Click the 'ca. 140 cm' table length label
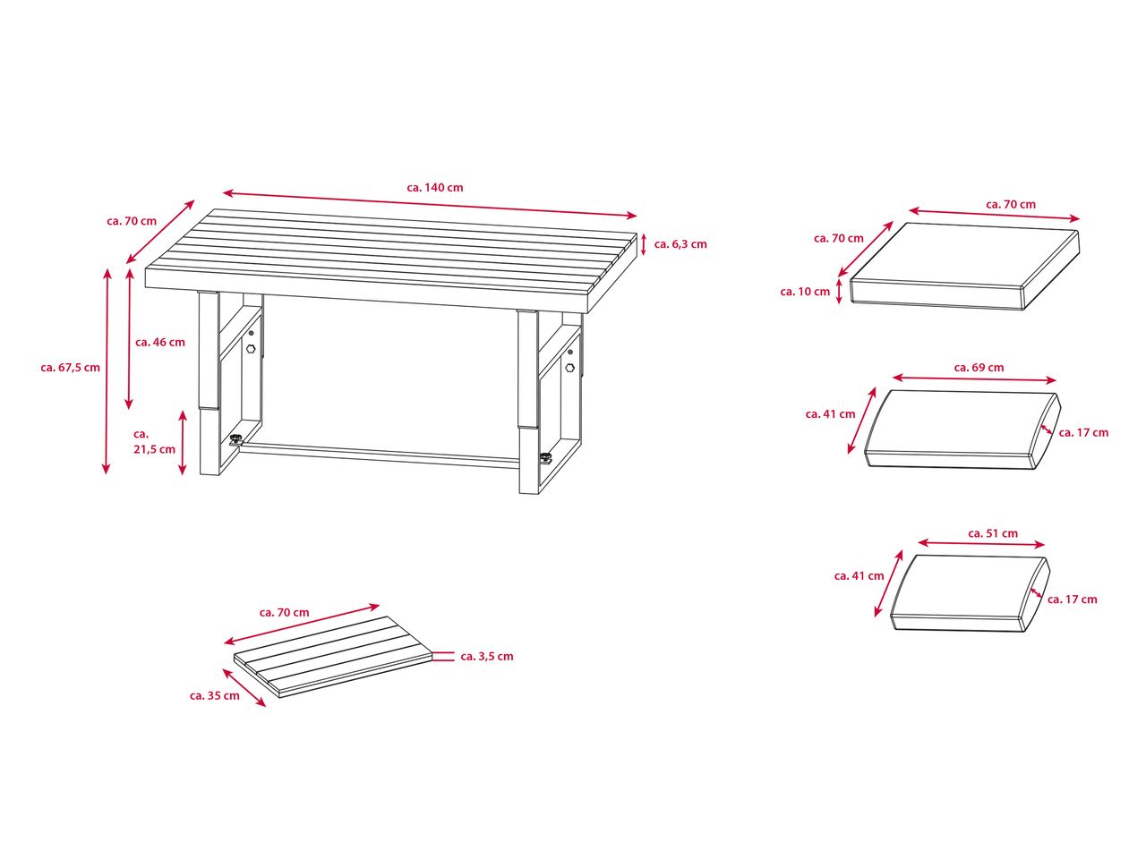coord(434,188)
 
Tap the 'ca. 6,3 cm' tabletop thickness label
coord(680,244)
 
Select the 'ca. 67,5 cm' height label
coord(71,368)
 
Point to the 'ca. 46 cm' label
coord(160,343)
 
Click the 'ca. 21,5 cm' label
coord(155,442)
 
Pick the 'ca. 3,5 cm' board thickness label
coord(487,657)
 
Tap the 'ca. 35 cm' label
coord(215,696)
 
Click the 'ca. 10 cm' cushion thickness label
coord(805,292)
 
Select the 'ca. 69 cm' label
coord(979,368)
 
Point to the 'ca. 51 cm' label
coord(993,533)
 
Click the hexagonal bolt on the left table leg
coord(251,349)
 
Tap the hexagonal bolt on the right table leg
coord(570,368)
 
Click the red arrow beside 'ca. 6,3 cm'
coord(644,244)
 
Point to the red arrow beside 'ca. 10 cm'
coord(839,292)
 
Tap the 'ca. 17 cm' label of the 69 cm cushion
coord(1083,433)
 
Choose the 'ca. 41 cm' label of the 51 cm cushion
coord(859,576)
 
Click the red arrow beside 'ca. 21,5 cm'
coord(183,443)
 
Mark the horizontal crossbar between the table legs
coord(380,454)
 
